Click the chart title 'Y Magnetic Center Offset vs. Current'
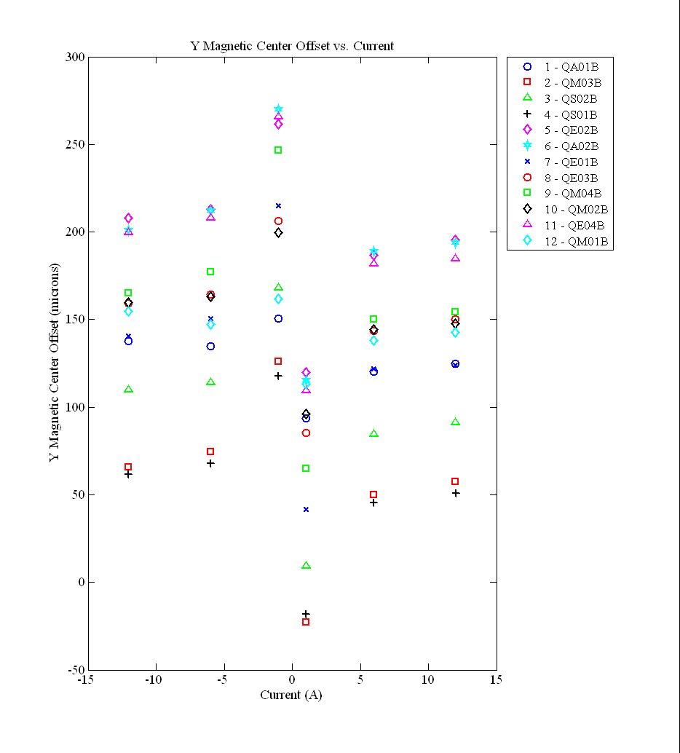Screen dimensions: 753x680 click(x=292, y=46)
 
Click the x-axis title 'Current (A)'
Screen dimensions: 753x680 click(x=291, y=695)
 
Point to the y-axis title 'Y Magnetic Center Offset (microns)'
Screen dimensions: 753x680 click(x=54, y=362)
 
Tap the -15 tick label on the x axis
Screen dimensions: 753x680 click(x=86, y=680)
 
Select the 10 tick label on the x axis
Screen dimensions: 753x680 click(x=427, y=680)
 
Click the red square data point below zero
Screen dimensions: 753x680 click(x=306, y=622)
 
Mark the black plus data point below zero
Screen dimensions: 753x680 click(x=306, y=614)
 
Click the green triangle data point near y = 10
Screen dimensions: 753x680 click(x=306, y=565)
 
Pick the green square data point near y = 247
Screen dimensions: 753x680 click(x=278, y=150)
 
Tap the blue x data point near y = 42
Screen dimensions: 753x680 click(x=306, y=509)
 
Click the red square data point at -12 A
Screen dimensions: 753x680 click(x=128, y=467)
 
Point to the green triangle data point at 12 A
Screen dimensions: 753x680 click(x=455, y=422)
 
